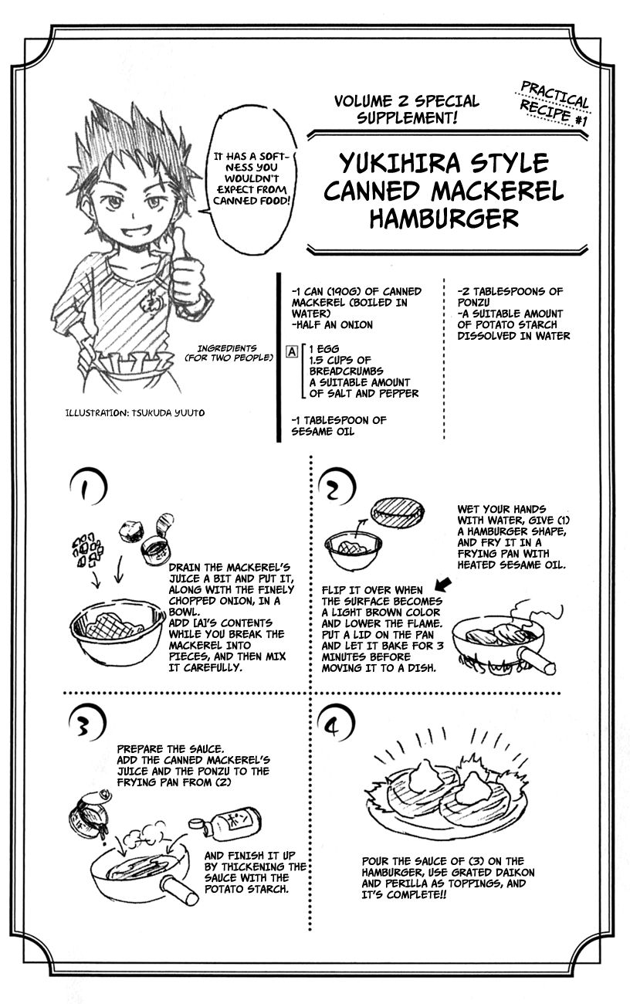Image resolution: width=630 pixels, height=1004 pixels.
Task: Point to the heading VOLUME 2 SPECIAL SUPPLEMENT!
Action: (406, 110)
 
